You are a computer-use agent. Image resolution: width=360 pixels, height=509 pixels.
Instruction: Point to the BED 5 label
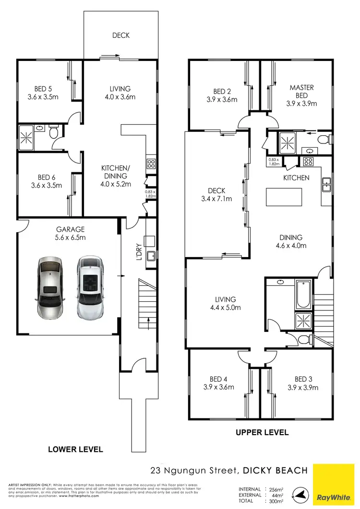(x=43, y=93)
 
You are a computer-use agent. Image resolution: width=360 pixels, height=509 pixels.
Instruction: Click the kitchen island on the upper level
(x=284, y=197)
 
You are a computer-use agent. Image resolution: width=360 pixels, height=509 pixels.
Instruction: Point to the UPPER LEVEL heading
(x=262, y=432)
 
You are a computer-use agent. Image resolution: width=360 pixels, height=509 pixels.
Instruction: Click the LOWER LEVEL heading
(x=75, y=450)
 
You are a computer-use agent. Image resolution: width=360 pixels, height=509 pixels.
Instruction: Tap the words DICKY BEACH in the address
(x=275, y=471)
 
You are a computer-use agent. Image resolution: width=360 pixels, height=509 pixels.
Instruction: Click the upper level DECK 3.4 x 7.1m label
(x=216, y=194)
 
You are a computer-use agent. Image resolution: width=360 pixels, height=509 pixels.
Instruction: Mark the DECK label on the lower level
(x=121, y=35)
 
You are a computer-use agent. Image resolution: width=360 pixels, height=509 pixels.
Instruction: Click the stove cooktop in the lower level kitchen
(x=151, y=164)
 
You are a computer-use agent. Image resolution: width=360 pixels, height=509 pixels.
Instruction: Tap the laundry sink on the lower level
(x=150, y=255)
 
